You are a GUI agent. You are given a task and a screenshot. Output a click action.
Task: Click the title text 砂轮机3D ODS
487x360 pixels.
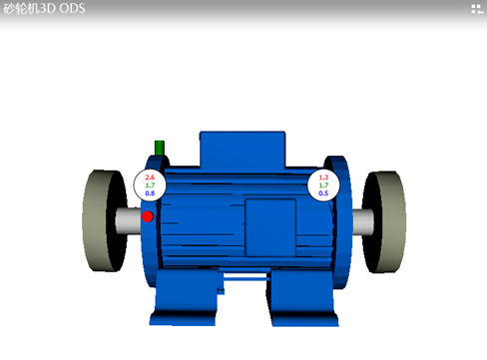click(x=44, y=9)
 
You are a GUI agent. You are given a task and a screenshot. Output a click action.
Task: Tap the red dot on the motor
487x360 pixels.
click(x=148, y=216)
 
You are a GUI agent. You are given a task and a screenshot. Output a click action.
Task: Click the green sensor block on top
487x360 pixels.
click(x=160, y=148)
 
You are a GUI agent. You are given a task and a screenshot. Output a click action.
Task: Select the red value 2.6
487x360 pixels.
click(x=150, y=178)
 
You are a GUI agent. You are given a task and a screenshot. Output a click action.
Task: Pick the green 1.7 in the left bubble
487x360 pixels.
click(x=150, y=185)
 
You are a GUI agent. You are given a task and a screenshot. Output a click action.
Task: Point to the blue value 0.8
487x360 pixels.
click(x=150, y=193)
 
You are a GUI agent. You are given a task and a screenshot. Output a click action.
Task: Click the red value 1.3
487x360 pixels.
click(x=323, y=178)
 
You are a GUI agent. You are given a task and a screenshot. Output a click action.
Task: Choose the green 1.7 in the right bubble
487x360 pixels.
click(x=323, y=185)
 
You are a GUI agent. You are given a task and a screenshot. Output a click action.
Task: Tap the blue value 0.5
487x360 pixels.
click(x=323, y=193)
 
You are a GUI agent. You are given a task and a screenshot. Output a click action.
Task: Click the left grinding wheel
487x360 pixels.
click(x=100, y=220)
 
